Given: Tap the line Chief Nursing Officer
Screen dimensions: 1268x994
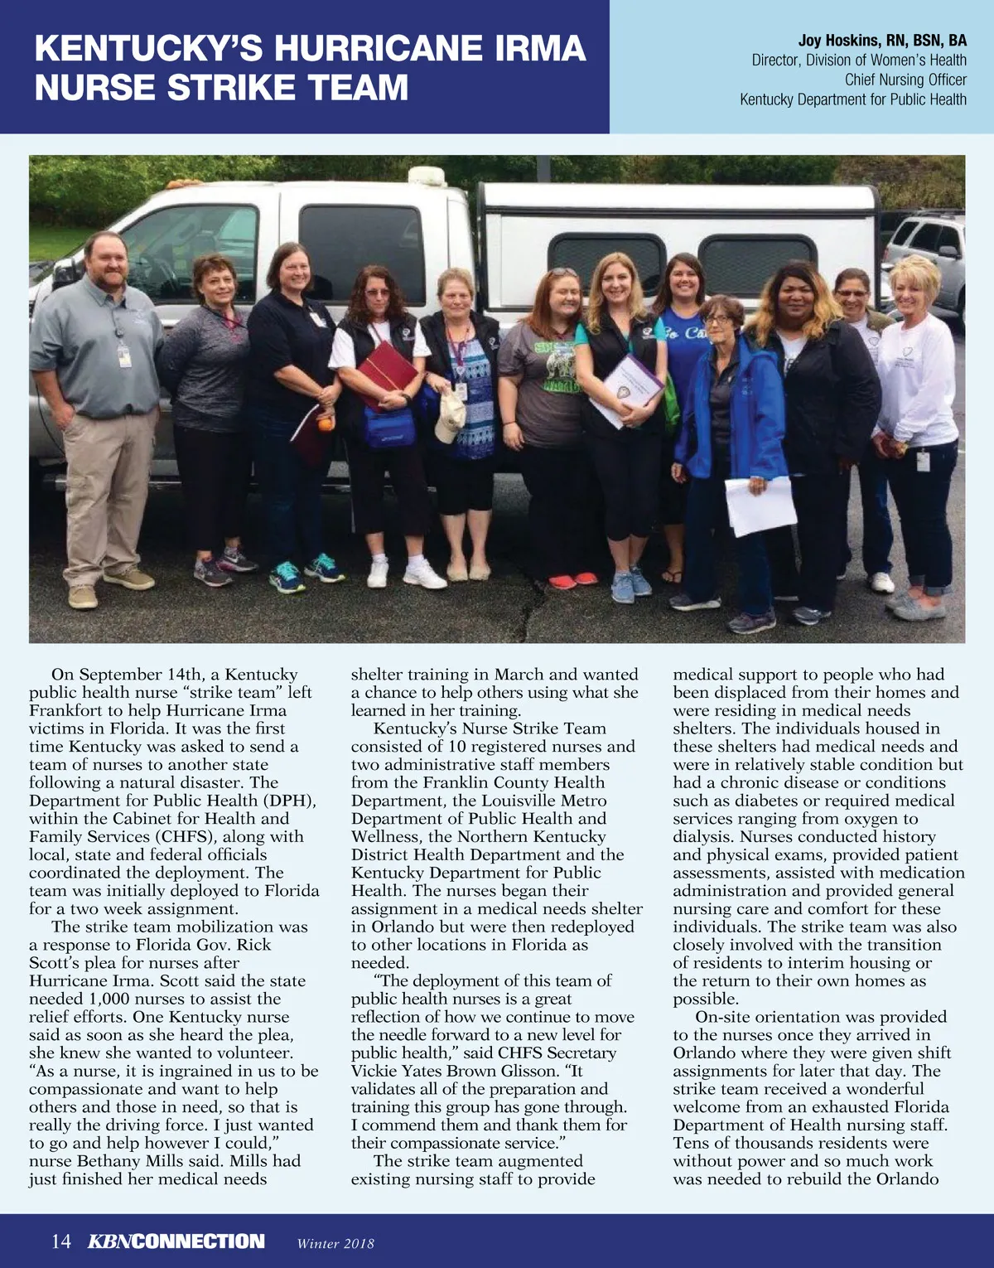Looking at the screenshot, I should coord(905,80).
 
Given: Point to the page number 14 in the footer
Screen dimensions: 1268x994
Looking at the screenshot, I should coord(61,1241).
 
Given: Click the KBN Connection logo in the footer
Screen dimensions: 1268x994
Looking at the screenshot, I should coord(176,1241).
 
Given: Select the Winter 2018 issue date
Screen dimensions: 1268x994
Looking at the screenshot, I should coord(335,1243).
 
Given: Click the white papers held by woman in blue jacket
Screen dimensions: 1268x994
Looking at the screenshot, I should coord(760,505).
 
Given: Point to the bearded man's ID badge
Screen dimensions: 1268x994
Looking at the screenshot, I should coord(123,354).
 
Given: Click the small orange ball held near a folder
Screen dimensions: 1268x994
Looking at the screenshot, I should coord(326,425).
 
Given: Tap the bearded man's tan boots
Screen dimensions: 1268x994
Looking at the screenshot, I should coord(108,585).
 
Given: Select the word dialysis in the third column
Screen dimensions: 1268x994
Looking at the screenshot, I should coord(703,837).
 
